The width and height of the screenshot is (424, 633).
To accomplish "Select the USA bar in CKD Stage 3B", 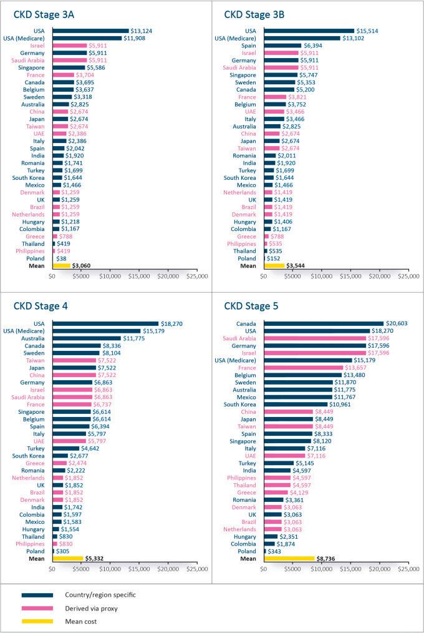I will pos(309,31).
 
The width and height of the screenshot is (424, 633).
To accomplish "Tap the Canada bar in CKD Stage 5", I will pos(324,323).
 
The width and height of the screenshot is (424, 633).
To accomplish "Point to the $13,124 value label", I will pos(141,31).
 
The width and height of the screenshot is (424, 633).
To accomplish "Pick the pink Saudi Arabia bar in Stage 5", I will pos(315,338).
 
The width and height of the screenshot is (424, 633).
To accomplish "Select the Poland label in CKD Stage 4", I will pos(36,551).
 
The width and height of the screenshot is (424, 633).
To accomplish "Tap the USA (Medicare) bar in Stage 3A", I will pos(87,38).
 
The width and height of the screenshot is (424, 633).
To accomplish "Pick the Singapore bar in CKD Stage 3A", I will pos(69,67).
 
